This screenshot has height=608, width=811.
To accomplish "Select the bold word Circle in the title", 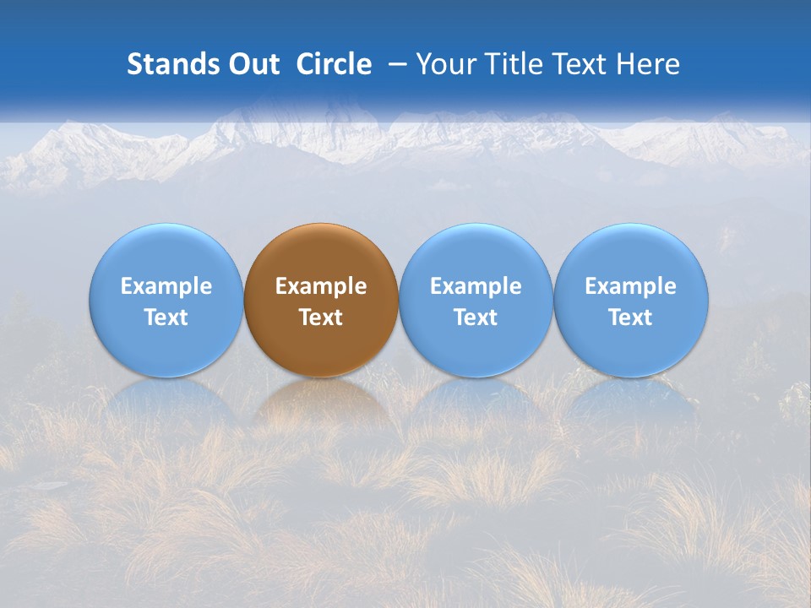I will click(334, 64).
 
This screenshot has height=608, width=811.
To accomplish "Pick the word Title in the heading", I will click(509, 64).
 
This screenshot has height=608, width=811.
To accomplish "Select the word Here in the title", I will click(647, 64).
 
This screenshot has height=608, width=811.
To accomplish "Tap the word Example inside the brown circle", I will click(321, 286).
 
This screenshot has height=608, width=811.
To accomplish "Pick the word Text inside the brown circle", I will click(321, 318).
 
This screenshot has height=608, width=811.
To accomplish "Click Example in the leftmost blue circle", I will click(166, 286).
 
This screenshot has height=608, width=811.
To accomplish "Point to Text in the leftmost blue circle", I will click(166, 318).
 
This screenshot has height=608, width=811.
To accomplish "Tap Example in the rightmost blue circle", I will click(631, 286).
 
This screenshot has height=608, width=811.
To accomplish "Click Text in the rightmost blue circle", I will click(631, 318).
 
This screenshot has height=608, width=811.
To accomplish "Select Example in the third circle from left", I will click(476, 286).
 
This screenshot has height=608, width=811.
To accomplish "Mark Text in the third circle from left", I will click(476, 318).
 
